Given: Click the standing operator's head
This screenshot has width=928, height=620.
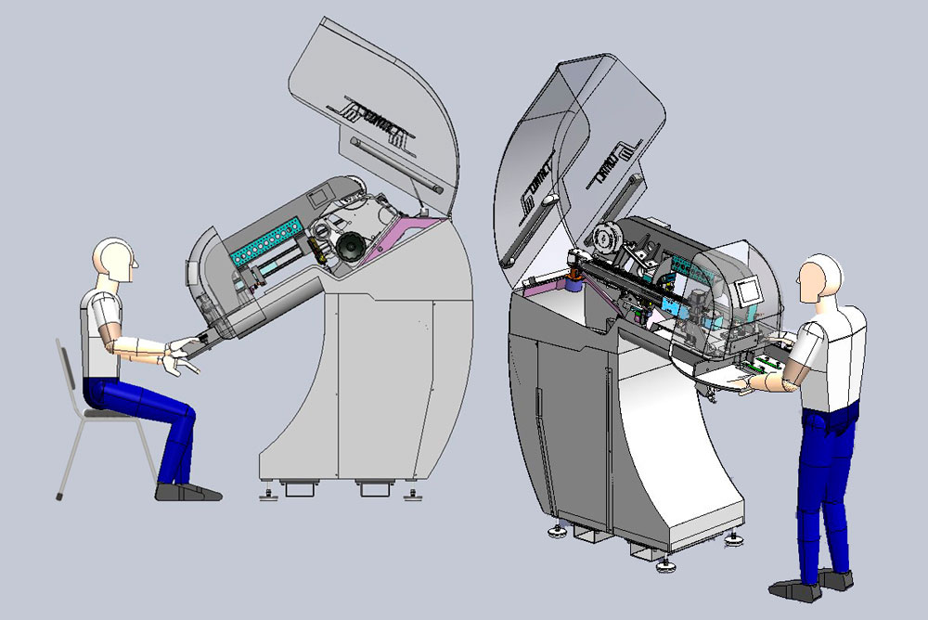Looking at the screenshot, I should (821, 278).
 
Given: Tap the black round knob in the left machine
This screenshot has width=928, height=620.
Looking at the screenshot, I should (351, 247).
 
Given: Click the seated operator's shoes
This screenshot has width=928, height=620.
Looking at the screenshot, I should (186, 491).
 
